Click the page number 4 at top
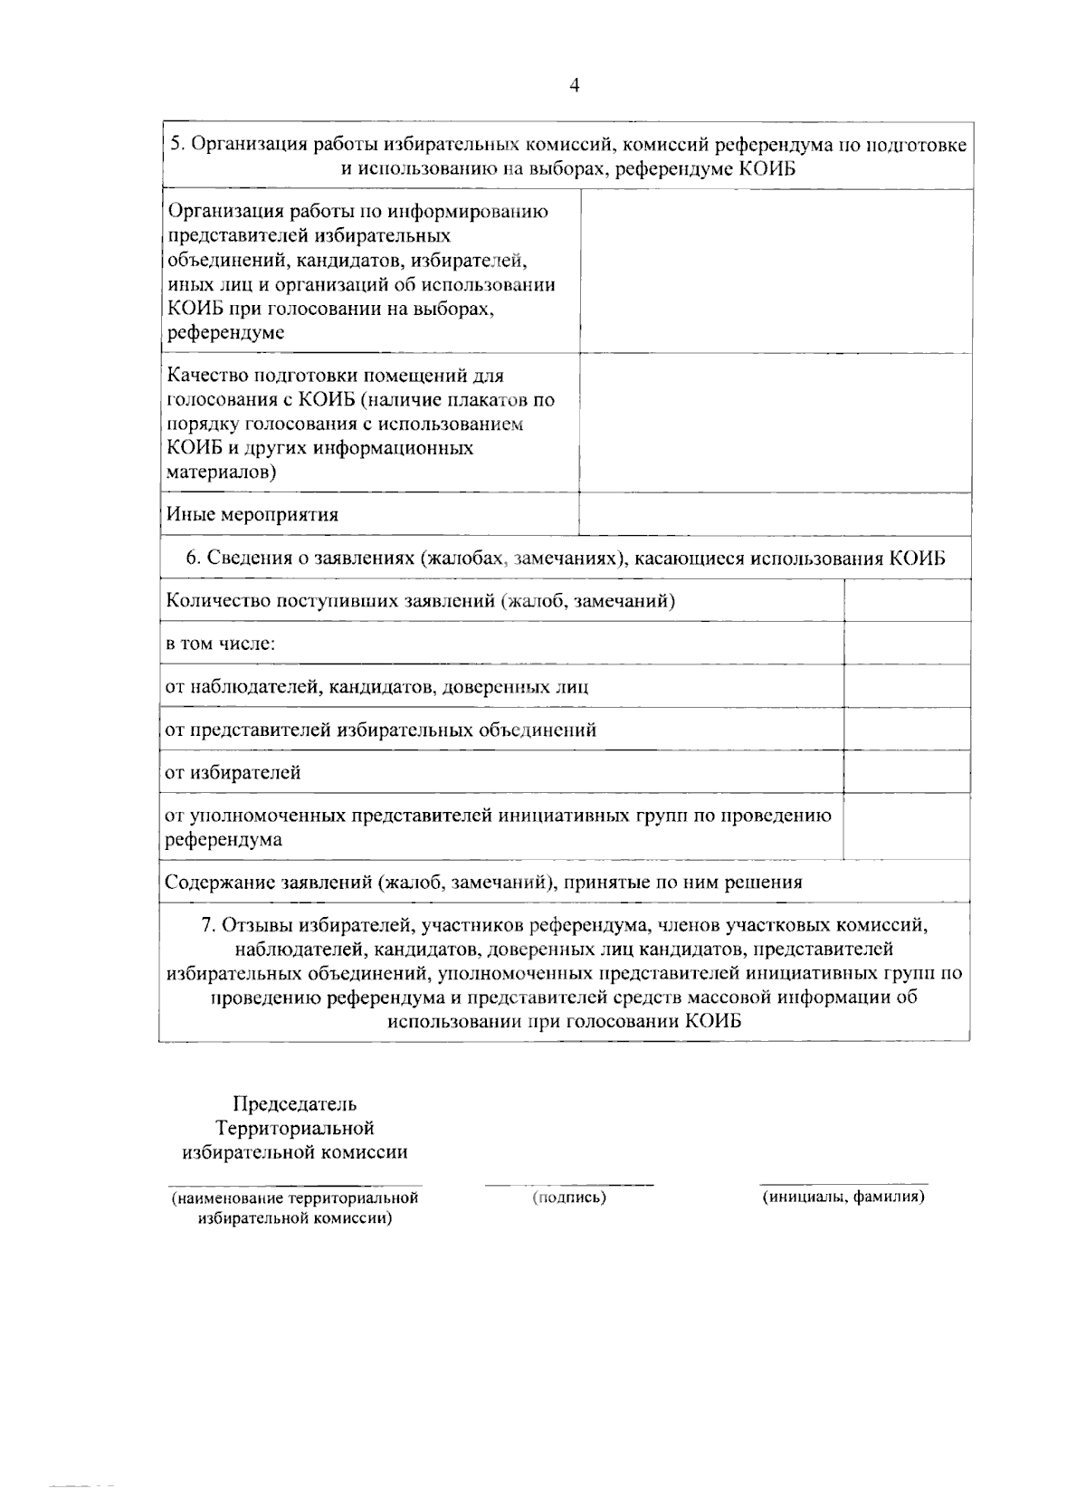[575, 85]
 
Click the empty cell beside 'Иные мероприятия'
[775, 513]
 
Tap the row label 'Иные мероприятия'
[252, 515]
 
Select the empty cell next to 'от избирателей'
[906, 772]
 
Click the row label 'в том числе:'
[220, 644]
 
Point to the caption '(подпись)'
[569, 1198]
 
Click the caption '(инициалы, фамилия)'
[843, 1197]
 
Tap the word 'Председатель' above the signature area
[295, 1103]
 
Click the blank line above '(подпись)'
[569, 1183]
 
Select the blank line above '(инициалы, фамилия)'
[843, 1182]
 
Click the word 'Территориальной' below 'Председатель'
[295, 1128]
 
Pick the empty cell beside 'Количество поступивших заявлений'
[906, 600]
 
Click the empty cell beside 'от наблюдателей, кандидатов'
[906, 686]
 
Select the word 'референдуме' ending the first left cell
[225, 332]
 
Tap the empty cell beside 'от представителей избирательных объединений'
[906, 730]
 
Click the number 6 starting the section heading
[191, 558]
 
